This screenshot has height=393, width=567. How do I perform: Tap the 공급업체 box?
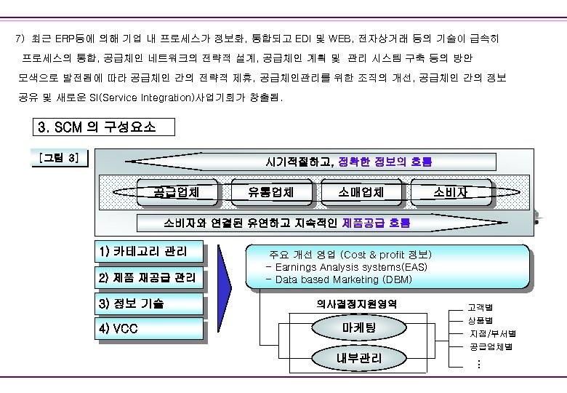click(x=176, y=192)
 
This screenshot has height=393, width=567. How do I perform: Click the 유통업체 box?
click(x=271, y=192)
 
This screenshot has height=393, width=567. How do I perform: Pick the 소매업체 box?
click(x=361, y=192)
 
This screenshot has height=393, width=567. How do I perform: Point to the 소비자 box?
click(x=451, y=192)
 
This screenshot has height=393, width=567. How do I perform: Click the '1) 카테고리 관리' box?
click(x=148, y=253)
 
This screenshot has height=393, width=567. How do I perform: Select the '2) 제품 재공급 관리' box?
click(x=148, y=278)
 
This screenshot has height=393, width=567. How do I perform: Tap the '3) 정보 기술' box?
click(x=148, y=303)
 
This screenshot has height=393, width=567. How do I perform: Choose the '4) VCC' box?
click(x=148, y=329)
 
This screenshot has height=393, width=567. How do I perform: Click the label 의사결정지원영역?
click(x=357, y=303)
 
